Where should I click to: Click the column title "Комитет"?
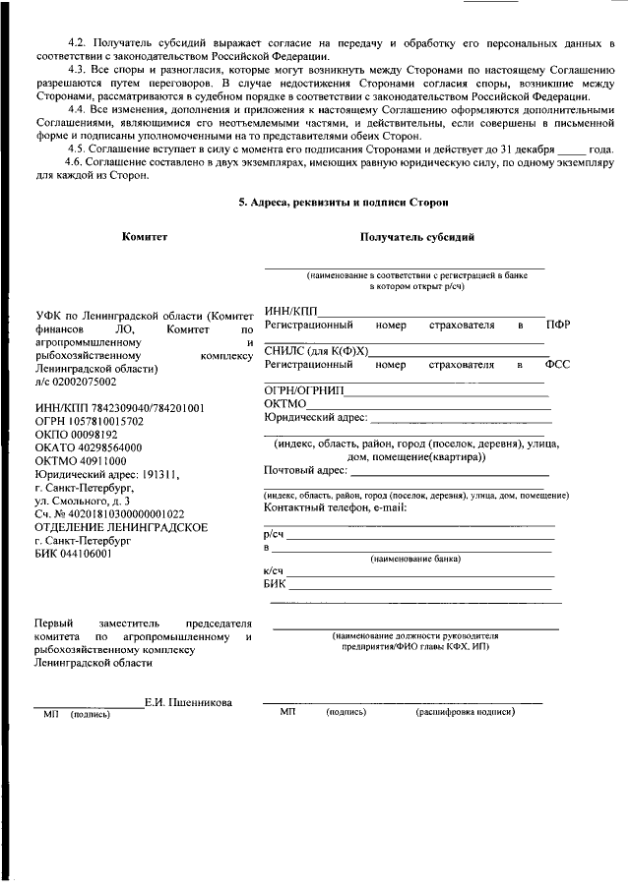145,237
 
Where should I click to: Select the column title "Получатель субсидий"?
417,237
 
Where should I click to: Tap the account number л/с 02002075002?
75,382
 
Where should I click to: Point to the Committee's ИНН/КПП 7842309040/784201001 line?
119,408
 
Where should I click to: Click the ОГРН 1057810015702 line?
89,421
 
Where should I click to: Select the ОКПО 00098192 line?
76,434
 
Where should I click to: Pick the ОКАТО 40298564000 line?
88,446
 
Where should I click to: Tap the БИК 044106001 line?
73,554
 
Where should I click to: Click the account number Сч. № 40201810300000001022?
109,513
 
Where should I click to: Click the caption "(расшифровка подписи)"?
465,710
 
